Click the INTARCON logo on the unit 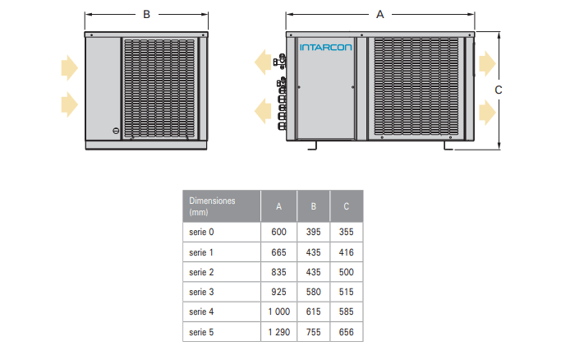pos(325,48)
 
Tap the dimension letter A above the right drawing pos(380,15)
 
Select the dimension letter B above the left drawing pos(147,15)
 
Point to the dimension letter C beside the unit pos(499,90)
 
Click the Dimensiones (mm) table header pos(212,206)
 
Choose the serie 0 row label pos(201,232)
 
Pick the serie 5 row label pos(201,332)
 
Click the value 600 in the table pos(278,232)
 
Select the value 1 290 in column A pos(279,332)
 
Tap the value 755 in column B pos(313,332)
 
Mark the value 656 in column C pos(346,332)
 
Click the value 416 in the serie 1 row pos(346,252)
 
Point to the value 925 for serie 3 pos(278,292)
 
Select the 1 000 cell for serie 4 pos(279,312)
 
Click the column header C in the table pos(346,206)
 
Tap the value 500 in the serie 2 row pos(346,272)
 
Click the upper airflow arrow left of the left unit pos(70,68)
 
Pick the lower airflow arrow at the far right pos(488,112)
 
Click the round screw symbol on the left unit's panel pos(116,132)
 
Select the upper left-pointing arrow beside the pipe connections pos(263,62)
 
